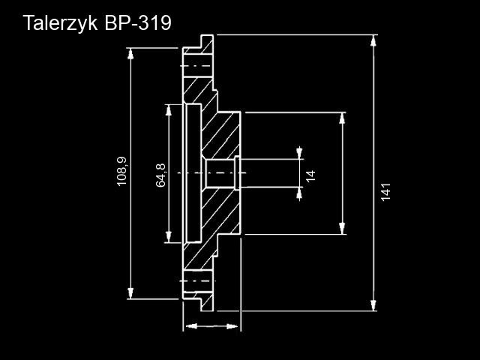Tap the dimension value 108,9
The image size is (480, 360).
[122, 171]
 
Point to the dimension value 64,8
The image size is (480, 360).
[160, 175]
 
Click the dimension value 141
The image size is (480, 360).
[386, 190]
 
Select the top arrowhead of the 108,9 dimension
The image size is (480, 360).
[132, 53]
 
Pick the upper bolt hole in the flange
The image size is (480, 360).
[197, 67]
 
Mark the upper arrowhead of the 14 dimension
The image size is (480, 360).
[300, 153]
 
